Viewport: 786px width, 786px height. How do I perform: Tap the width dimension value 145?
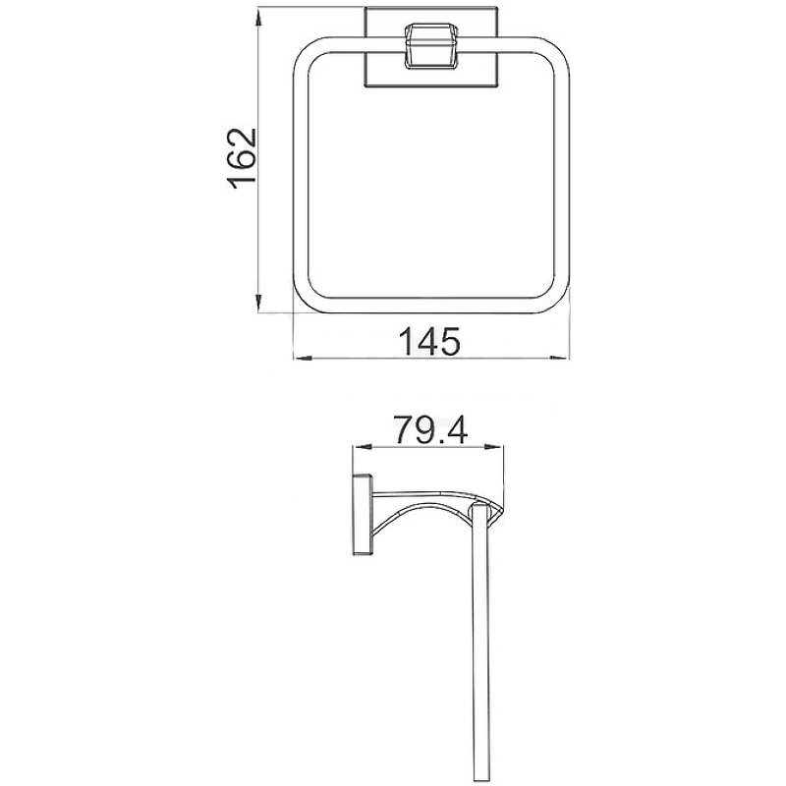(x=430, y=342)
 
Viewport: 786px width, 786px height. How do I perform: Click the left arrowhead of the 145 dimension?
(x=301, y=360)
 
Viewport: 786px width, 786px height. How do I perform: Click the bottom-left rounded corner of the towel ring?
(x=308, y=301)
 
